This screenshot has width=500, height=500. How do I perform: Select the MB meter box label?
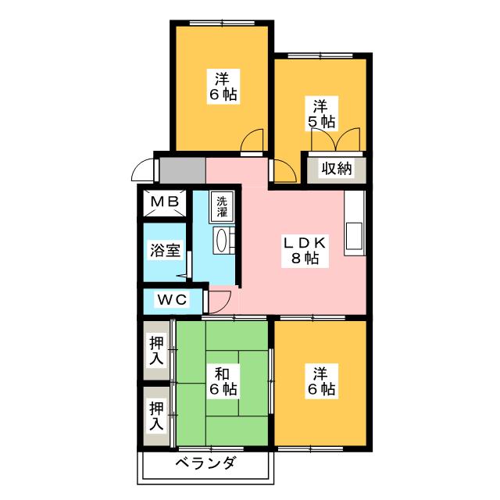tap(165, 202)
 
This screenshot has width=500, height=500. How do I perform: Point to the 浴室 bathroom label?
tap(165, 252)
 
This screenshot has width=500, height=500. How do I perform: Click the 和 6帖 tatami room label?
tap(223, 379)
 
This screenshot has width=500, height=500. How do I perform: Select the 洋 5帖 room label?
tap(320, 113)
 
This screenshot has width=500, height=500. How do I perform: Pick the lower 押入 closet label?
tap(157, 415)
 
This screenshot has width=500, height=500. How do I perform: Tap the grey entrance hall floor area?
tap(182, 170)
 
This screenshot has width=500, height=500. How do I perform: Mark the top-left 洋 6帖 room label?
tap(223, 86)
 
